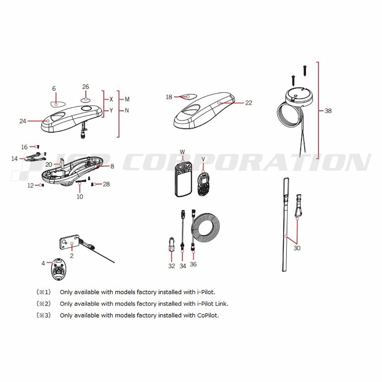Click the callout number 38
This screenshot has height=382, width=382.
tap(328, 111)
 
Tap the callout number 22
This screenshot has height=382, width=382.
tap(249, 103)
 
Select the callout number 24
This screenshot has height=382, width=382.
tap(23, 121)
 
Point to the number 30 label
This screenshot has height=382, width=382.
tap(297, 248)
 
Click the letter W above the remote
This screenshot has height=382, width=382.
tap(182, 152)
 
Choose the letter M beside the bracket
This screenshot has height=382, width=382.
tap(127, 99)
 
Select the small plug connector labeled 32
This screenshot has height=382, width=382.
tap(172, 244)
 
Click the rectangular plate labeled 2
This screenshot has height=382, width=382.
tap(70, 243)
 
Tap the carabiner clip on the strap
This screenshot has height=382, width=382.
tap(298, 206)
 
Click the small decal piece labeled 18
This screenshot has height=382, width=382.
tap(188, 96)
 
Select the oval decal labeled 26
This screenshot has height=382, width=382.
tap(86, 99)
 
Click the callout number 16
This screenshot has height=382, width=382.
tap(24, 147)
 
